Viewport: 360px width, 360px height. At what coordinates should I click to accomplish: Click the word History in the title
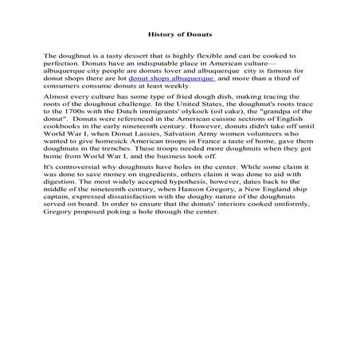[x=162, y=34]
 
